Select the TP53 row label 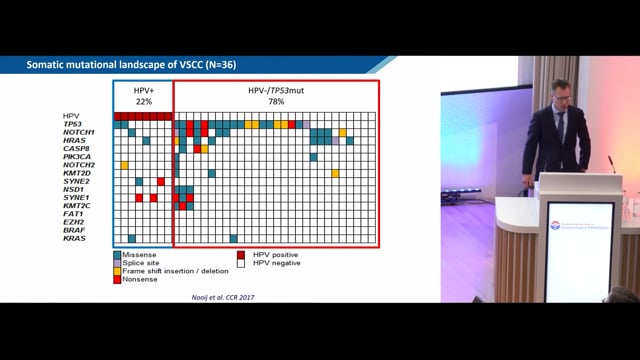click(x=74, y=124)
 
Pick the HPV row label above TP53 click(x=69, y=115)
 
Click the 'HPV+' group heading click(x=144, y=91)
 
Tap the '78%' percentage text click(x=275, y=101)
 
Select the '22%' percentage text click(x=144, y=101)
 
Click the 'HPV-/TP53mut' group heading click(x=275, y=91)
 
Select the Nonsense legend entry click(x=140, y=281)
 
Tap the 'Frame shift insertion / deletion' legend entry click(x=170, y=272)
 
